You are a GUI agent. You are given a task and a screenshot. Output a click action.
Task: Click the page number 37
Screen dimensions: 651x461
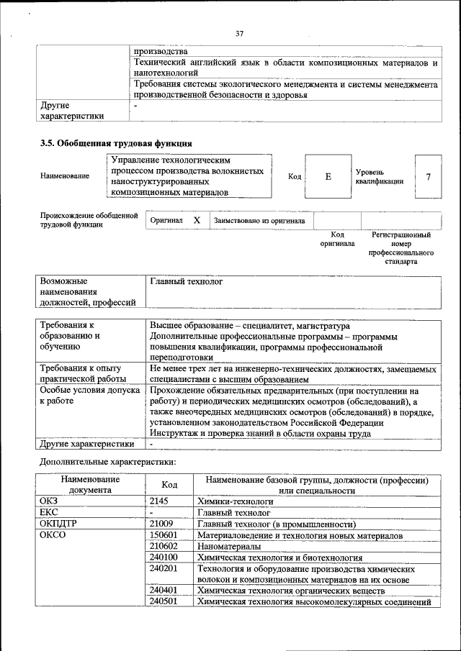pyautogui.click(x=240, y=32)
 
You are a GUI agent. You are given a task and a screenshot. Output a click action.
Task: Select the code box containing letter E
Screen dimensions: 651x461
pyautogui.click(x=327, y=176)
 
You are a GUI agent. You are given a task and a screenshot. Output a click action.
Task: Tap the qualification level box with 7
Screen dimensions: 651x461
pyautogui.click(x=428, y=176)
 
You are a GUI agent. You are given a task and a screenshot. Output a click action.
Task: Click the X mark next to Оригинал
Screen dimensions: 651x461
pyautogui.click(x=196, y=221)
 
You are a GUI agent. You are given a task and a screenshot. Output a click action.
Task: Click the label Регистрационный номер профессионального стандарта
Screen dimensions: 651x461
pyautogui.click(x=401, y=248)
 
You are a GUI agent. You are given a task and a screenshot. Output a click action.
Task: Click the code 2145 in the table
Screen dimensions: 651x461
pyautogui.click(x=160, y=500)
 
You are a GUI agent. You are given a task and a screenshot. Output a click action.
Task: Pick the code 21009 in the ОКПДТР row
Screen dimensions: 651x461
pyautogui.click(x=162, y=524)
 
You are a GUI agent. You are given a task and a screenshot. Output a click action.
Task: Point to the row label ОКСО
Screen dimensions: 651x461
pyautogui.click(x=53, y=535)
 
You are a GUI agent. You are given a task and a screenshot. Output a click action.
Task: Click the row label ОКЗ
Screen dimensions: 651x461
pyautogui.click(x=50, y=500)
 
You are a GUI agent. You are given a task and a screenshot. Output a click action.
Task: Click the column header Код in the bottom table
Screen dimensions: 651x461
pyautogui.click(x=169, y=485)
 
